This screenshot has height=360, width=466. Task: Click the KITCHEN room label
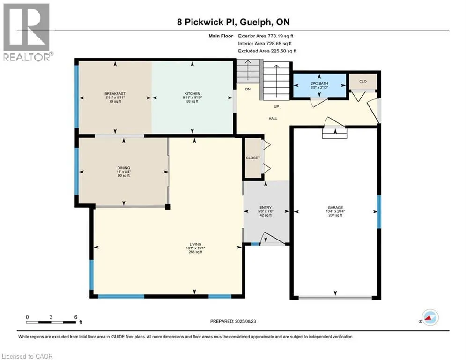(x=192, y=93)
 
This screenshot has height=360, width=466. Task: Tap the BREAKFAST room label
(x=115, y=93)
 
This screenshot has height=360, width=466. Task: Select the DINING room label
(x=124, y=168)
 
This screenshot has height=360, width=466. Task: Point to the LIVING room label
(x=196, y=244)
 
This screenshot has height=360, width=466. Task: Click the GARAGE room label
(x=335, y=207)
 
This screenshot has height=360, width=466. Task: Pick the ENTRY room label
(x=266, y=207)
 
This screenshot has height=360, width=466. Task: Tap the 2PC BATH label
(x=319, y=83)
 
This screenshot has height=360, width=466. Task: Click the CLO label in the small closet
(x=363, y=81)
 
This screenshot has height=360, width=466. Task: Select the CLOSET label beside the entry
(x=253, y=157)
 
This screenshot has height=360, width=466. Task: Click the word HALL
(x=273, y=119)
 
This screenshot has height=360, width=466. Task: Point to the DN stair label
(x=248, y=89)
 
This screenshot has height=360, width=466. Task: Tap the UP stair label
(x=276, y=106)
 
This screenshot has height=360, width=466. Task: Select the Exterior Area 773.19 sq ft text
(x=266, y=36)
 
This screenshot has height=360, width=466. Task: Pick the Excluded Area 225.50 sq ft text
(x=267, y=51)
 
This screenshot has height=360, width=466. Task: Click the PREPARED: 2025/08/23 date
(x=233, y=321)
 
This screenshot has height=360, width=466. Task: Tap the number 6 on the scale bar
(x=76, y=317)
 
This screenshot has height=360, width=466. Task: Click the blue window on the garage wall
(x=379, y=211)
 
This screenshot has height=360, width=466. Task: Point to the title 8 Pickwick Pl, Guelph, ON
(x=233, y=22)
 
